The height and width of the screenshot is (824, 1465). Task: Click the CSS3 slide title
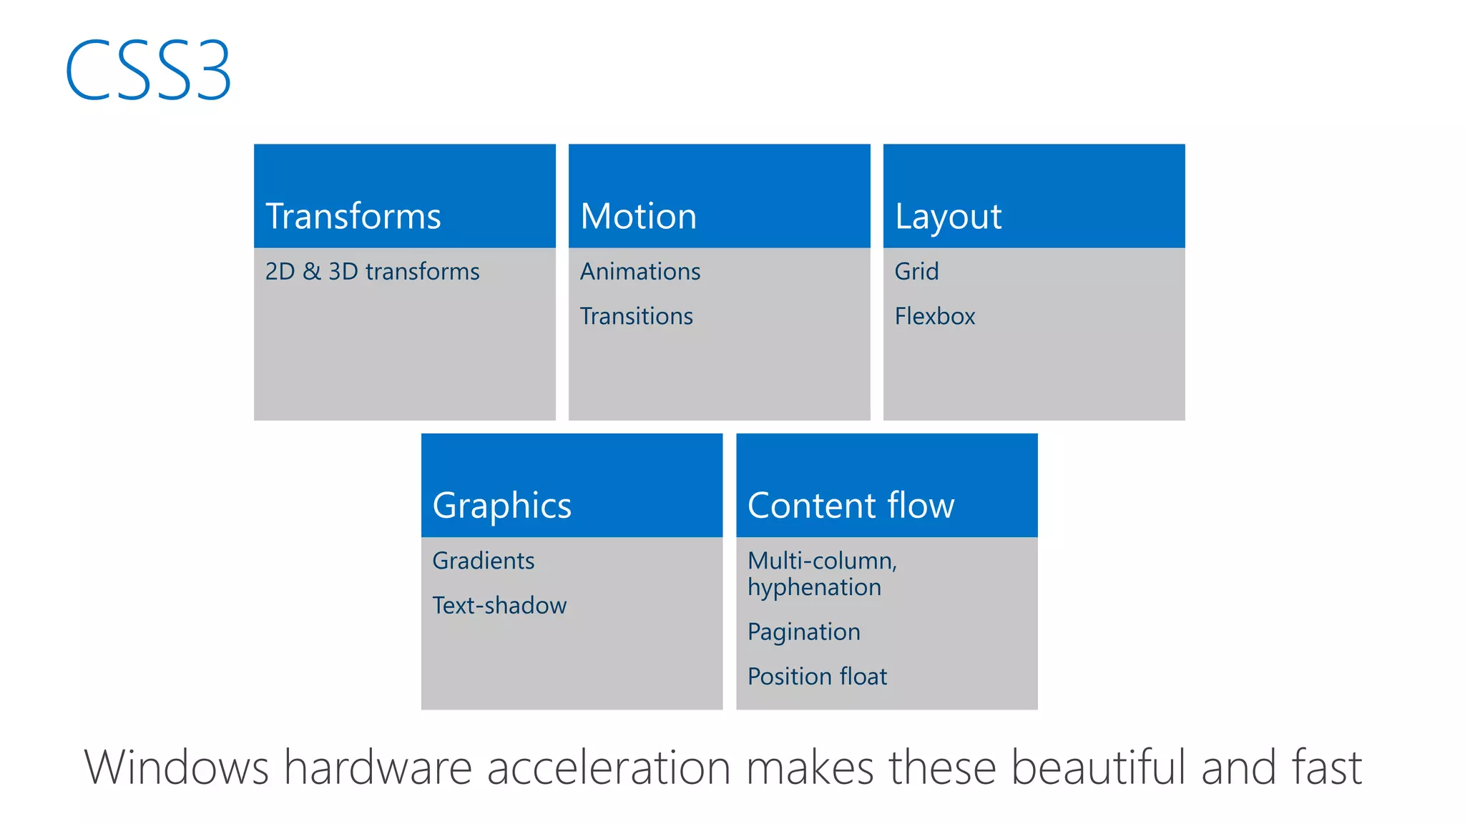tap(148, 70)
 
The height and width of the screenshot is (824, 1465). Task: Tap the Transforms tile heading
tap(353, 216)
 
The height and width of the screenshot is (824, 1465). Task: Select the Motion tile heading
tap(638, 216)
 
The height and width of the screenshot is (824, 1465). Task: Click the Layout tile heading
tap(948, 216)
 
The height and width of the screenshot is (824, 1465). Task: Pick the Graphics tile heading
tap(501, 506)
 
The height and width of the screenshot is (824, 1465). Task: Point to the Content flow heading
tap(851, 506)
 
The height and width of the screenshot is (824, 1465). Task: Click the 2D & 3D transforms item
tap(372, 272)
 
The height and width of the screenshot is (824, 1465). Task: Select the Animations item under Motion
tap(640, 272)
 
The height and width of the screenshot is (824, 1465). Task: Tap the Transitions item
tap(636, 316)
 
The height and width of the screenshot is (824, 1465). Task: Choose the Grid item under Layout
tap(916, 272)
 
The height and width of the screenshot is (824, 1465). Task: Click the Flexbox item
tap(934, 316)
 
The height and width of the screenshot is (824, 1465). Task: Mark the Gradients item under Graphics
tap(483, 561)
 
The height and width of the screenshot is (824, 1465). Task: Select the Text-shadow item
tap(499, 606)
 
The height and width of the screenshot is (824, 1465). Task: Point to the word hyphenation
tap(814, 588)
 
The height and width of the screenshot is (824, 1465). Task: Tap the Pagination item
tap(803, 632)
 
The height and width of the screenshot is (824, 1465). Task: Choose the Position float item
tap(817, 677)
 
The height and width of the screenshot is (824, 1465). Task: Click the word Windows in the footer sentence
tap(176, 767)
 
